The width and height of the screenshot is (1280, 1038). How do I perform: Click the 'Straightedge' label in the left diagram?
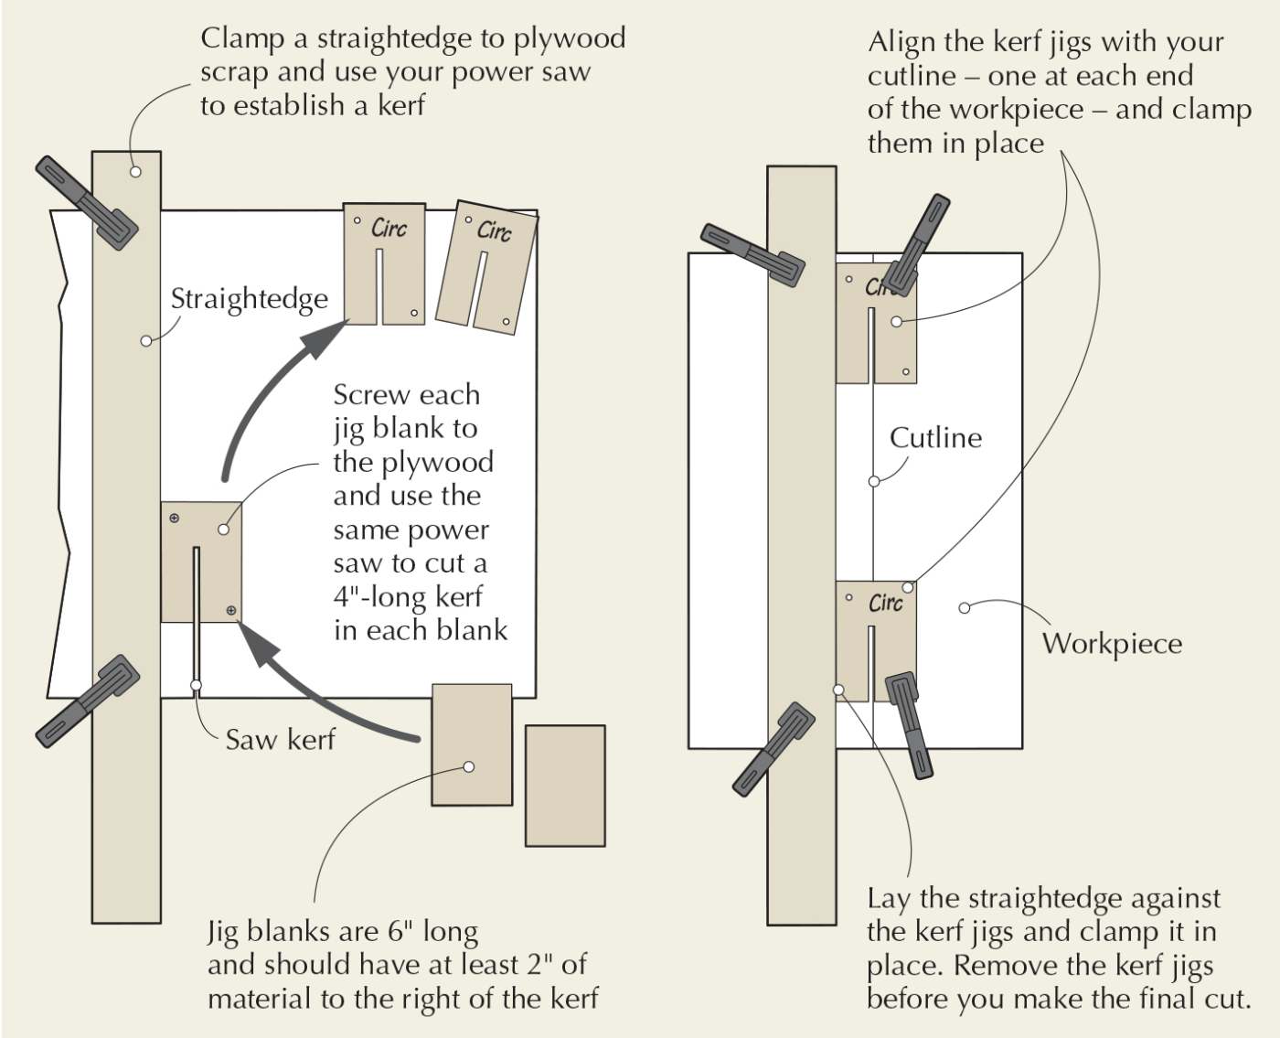[x=249, y=299]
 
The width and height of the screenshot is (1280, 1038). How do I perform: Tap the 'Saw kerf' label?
[x=280, y=739]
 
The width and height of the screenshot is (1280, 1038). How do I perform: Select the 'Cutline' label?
[x=935, y=437]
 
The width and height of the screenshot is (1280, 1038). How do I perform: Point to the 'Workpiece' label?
[x=1112, y=643]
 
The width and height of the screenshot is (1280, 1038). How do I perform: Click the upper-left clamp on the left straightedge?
[x=86, y=202]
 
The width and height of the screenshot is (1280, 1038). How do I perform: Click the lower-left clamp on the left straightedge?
[x=88, y=701]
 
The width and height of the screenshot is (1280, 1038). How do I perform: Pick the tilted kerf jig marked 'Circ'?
[x=485, y=264]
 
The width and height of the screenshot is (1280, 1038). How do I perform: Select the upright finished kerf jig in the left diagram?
[x=384, y=263]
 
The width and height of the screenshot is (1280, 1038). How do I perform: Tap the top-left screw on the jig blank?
[x=174, y=519]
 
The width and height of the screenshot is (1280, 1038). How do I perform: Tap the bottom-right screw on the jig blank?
[x=230, y=610]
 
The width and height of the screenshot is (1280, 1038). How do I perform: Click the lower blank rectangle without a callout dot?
[x=565, y=785]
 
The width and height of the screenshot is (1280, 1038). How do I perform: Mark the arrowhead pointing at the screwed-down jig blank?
[x=258, y=644]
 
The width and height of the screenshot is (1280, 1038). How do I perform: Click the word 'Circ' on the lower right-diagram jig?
[x=885, y=603]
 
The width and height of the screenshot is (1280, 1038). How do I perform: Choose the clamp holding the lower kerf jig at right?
[x=910, y=724]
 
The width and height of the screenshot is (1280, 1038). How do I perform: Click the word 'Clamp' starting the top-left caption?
[x=242, y=38]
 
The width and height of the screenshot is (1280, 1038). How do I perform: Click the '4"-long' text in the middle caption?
[x=384, y=596]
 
